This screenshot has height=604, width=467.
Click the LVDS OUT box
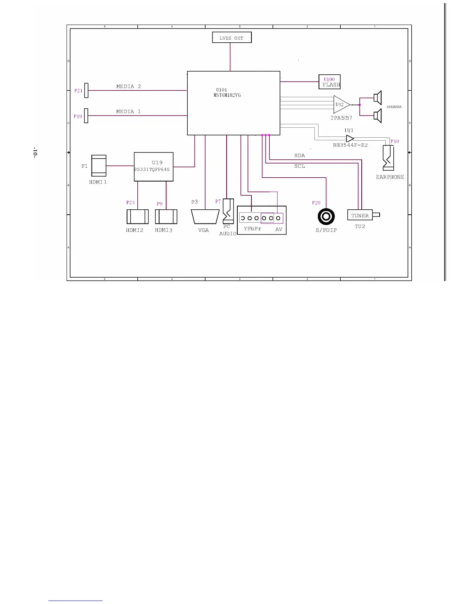pyautogui.click(x=232, y=37)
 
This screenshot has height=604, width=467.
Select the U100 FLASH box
pyautogui.click(x=329, y=82)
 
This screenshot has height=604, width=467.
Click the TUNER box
pyautogui.click(x=360, y=215)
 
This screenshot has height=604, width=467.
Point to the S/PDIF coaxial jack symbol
pyautogui.click(x=326, y=217)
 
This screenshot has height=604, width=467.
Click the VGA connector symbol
pyautogui.click(x=205, y=217)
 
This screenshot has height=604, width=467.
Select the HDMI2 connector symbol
pyautogui.click(x=137, y=217)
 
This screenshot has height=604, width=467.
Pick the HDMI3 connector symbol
pyautogui.click(x=166, y=217)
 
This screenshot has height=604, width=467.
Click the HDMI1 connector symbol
pyautogui.click(x=99, y=165)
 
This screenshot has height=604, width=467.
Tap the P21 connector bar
pyautogui.click(x=86, y=90)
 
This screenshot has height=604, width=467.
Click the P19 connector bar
pyautogui.click(x=86, y=116)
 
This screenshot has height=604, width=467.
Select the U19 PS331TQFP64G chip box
pyautogui.click(x=153, y=167)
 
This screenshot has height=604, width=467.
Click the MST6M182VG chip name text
pyautogui.click(x=227, y=95)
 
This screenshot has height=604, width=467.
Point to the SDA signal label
pyautogui.click(x=300, y=156)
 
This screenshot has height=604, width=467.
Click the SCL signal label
pyautogui.click(x=300, y=166)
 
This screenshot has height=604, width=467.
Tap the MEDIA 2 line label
pyautogui.click(x=129, y=87)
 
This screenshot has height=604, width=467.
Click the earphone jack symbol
pyautogui.click(x=388, y=158)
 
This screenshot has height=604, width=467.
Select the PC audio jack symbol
pyautogui.click(x=228, y=211)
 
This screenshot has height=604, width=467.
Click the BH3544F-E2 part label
pyautogui.click(x=350, y=145)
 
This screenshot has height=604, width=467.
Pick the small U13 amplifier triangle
pyautogui.click(x=349, y=139)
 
